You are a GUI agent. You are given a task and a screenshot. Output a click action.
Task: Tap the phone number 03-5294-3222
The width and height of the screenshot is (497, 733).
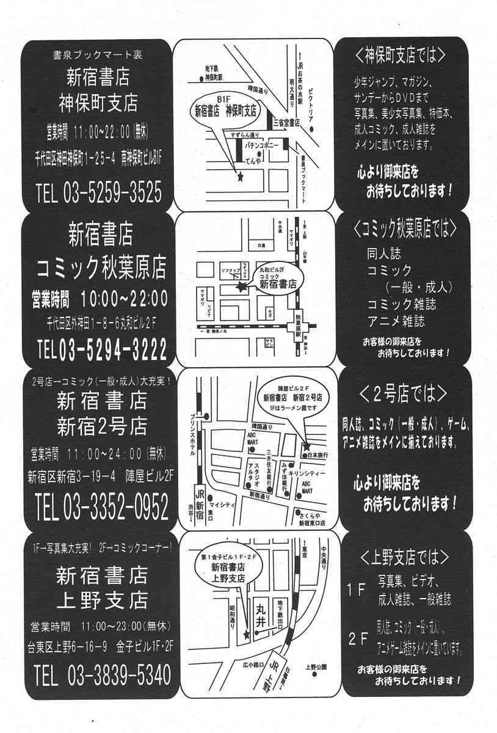[x=113, y=350]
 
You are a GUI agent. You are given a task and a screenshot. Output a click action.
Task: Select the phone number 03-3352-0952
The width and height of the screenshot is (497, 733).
[x=113, y=506]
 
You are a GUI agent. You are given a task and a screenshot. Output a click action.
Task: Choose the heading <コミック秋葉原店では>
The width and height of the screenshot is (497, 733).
[x=405, y=230]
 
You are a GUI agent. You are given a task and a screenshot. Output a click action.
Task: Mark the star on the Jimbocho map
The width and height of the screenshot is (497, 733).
[x=239, y=177]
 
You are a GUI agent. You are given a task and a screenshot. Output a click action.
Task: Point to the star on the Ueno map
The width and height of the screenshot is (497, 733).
[x=247, y=635]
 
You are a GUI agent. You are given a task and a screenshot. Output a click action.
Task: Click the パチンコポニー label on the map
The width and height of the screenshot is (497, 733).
[x=262, y=147]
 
